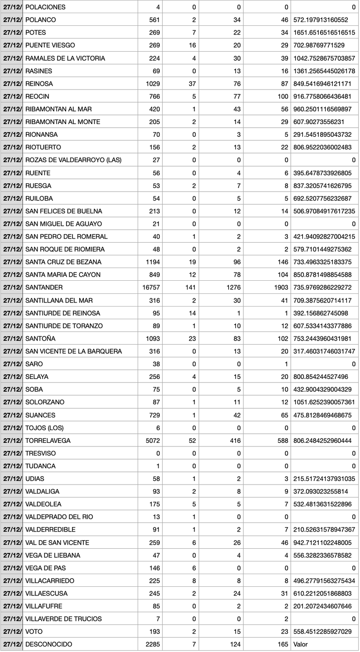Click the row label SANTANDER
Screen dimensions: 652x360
click(44, 288)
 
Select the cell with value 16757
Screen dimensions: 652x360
click(152, 288)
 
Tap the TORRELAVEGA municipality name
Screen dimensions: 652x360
click(48, 441)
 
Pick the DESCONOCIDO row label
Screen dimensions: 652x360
click(48, 644)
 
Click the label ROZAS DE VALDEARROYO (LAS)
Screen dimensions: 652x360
click(73, 160)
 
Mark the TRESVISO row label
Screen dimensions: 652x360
click(40, 453)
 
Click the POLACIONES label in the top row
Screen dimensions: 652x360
click(45, 7)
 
